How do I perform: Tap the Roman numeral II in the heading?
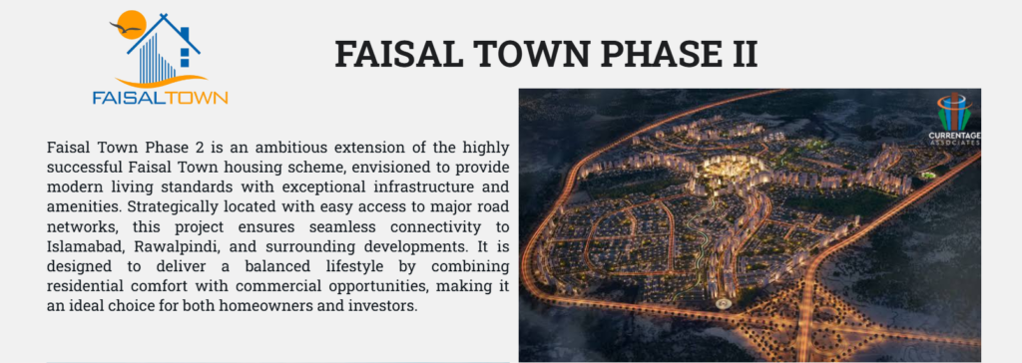738,52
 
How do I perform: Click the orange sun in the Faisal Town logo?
127,23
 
